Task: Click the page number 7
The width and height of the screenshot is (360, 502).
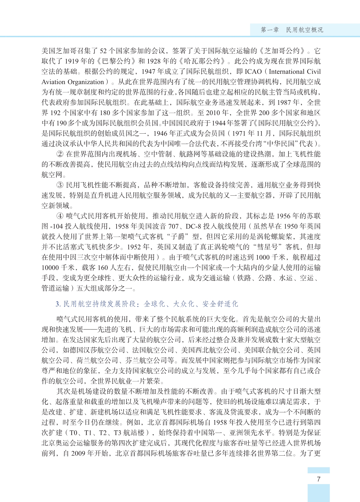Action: tap(318, 479)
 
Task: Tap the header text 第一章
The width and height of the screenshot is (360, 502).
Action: tap(270, 30)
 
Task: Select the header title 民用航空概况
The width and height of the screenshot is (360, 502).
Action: tap(304, 30)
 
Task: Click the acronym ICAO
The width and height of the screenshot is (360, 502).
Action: tap(253, 72)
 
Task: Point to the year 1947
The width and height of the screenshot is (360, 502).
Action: tap(149, 72)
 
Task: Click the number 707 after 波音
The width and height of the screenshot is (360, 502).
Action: tap(173, 226)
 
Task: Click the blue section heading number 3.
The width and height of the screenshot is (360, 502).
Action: tap(57, 304)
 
